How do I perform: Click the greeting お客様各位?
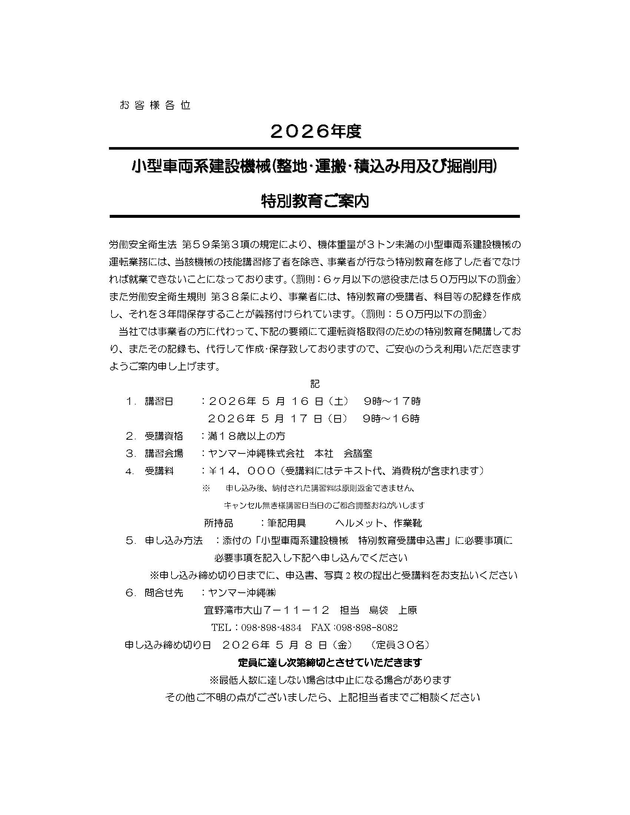point(155,106)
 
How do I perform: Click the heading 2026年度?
point(315,132)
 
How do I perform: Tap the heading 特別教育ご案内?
point(315,202)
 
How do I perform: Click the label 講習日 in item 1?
point(159,402)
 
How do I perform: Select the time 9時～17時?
point(392,402)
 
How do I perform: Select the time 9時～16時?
point(391,419)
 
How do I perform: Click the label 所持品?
point(218,523)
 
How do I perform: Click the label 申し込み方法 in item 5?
point(173,541)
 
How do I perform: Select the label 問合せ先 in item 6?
point(164,593)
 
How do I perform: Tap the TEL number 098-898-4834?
point(271,628)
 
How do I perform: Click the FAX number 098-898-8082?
point(367,628)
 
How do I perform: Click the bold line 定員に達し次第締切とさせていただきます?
point(330,662)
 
